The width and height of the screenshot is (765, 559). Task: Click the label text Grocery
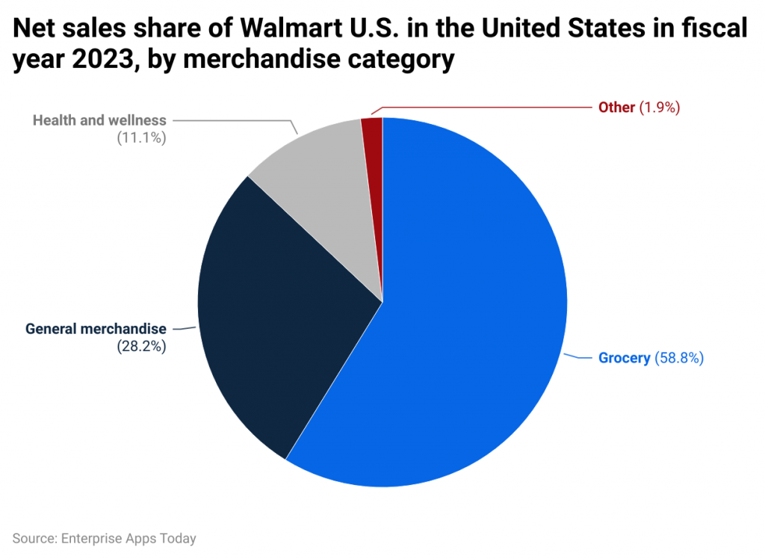624,358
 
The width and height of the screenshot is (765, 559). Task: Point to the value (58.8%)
679,358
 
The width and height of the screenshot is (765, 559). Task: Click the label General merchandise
96,329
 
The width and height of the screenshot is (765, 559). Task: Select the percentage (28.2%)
141,347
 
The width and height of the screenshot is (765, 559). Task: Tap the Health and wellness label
99,120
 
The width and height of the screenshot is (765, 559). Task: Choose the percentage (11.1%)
141,138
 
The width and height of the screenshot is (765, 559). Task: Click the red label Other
616,108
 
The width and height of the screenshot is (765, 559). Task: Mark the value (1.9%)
659,108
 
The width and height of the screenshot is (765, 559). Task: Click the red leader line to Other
486,108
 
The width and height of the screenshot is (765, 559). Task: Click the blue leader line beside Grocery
579,356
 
